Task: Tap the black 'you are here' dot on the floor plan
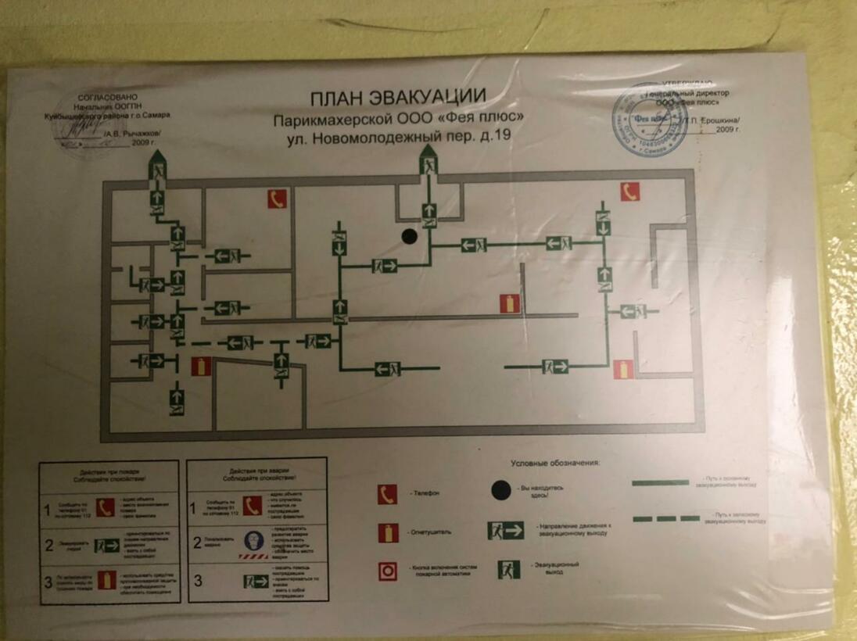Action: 408,235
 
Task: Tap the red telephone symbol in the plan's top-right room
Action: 629,192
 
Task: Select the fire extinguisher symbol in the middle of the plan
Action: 510,303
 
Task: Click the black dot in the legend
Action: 501,490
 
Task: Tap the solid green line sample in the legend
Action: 660,483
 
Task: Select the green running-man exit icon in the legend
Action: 509,570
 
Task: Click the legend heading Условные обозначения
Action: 555,463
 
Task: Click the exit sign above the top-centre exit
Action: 428,165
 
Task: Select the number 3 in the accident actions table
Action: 198,581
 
